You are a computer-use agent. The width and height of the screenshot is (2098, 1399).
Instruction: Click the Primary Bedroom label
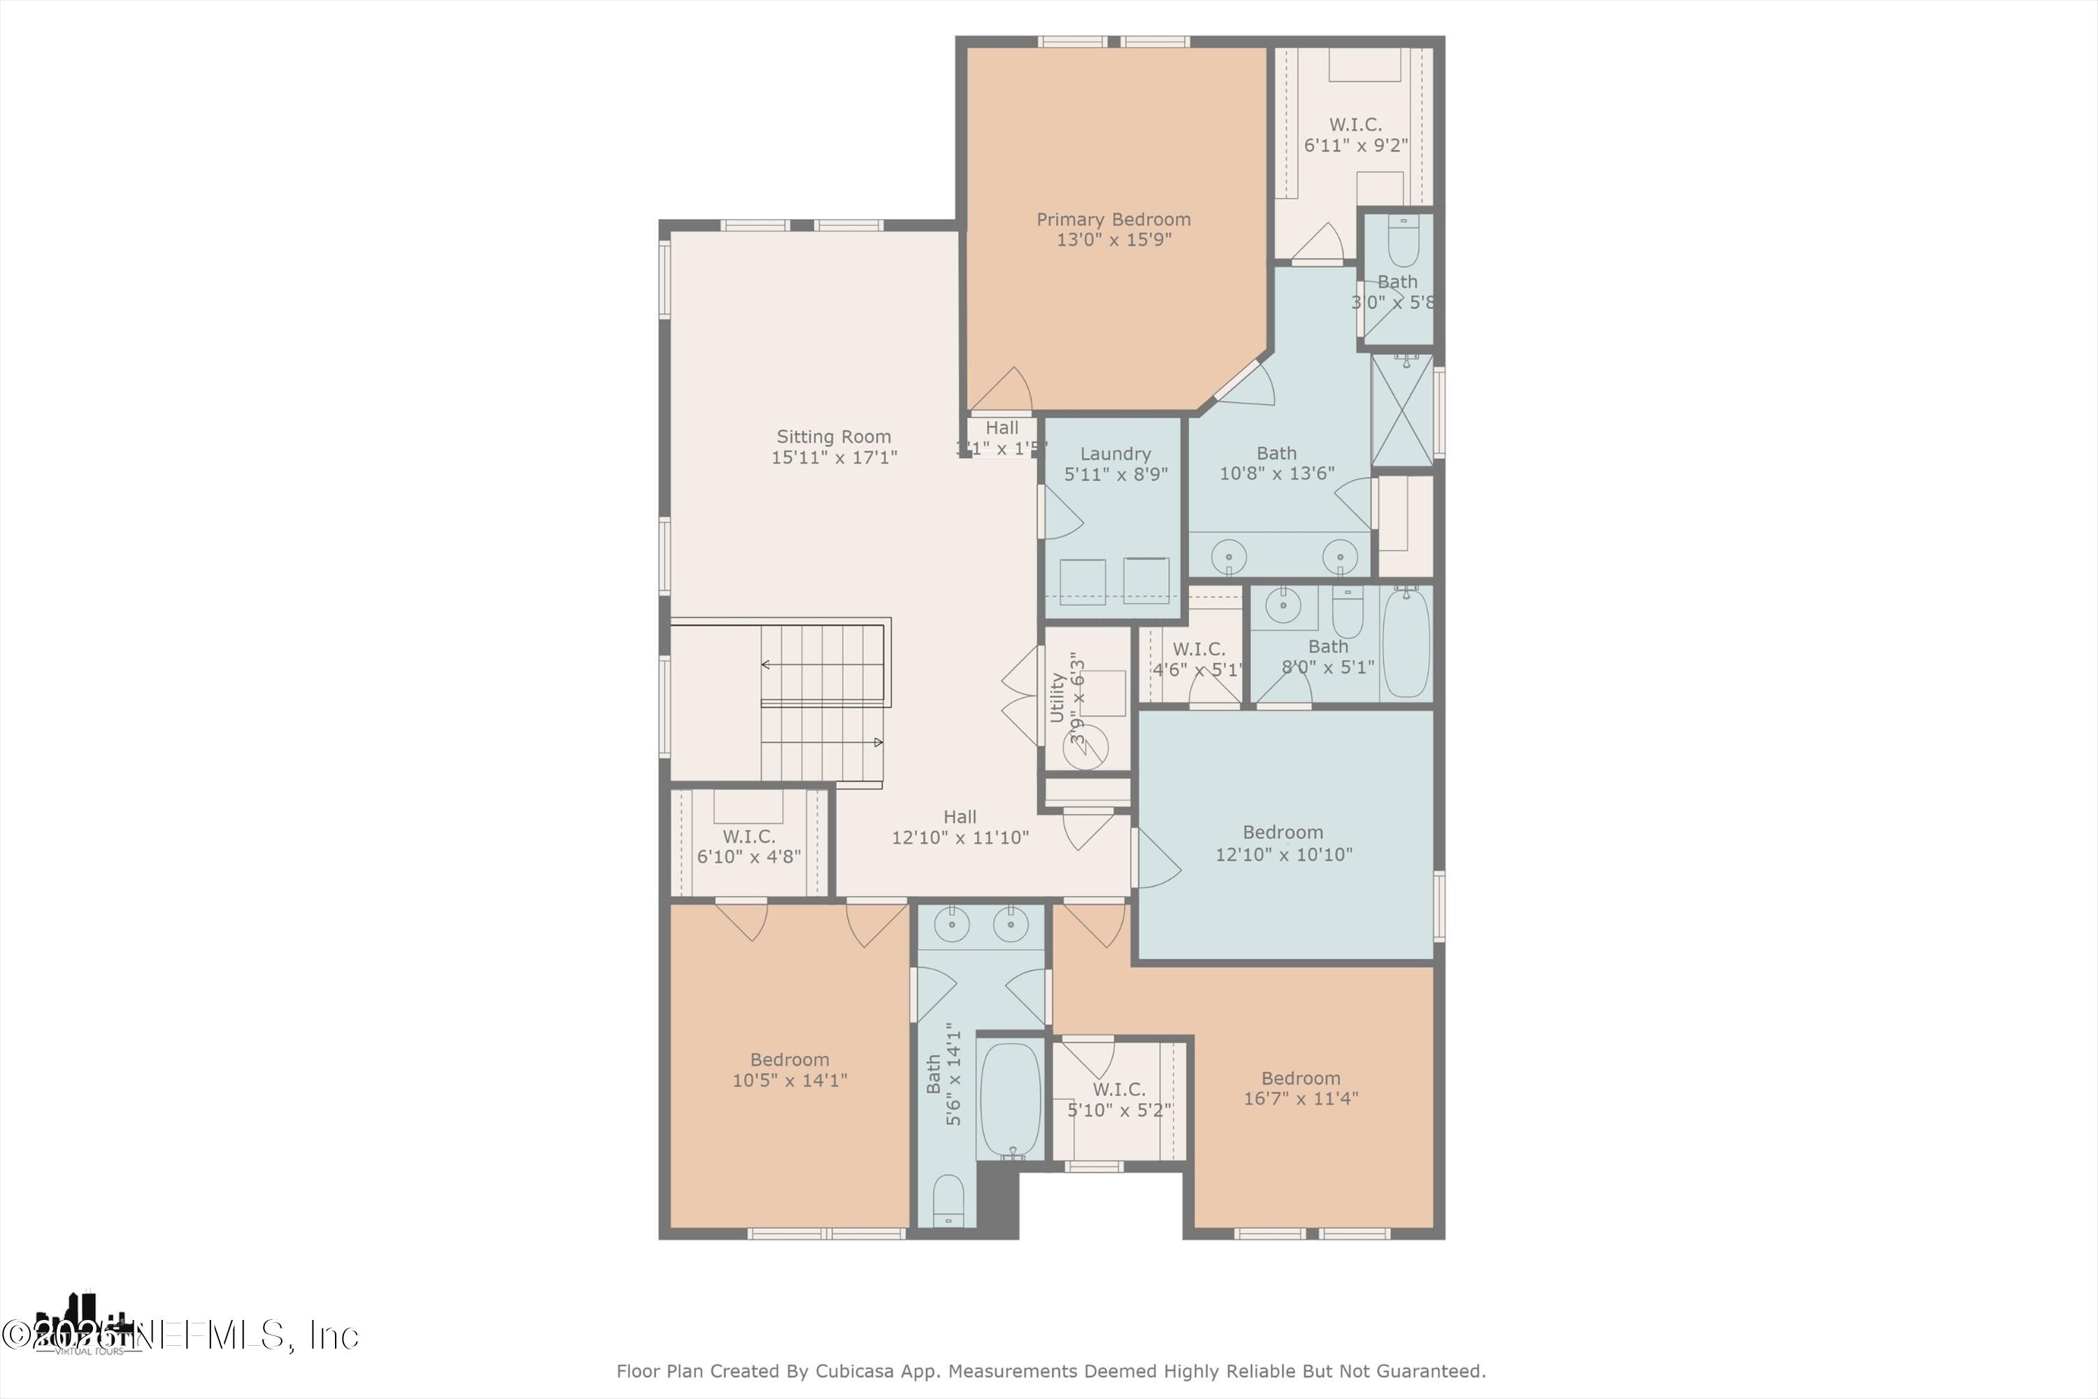point(1113,220)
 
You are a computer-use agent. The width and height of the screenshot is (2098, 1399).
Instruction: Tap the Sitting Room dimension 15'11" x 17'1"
point(834,457)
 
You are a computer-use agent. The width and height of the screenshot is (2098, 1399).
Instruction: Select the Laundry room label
point(1115,454)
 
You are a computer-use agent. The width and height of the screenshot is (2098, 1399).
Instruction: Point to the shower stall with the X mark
point(1402,411)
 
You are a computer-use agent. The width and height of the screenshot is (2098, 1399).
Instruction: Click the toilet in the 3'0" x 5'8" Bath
point(1403,243)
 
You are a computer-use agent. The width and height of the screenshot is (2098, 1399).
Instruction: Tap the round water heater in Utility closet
point(1085,748)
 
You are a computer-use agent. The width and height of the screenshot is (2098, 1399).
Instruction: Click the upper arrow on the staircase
point(765,665)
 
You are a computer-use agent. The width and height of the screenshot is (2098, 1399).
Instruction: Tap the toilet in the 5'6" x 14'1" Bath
point(948,1200)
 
